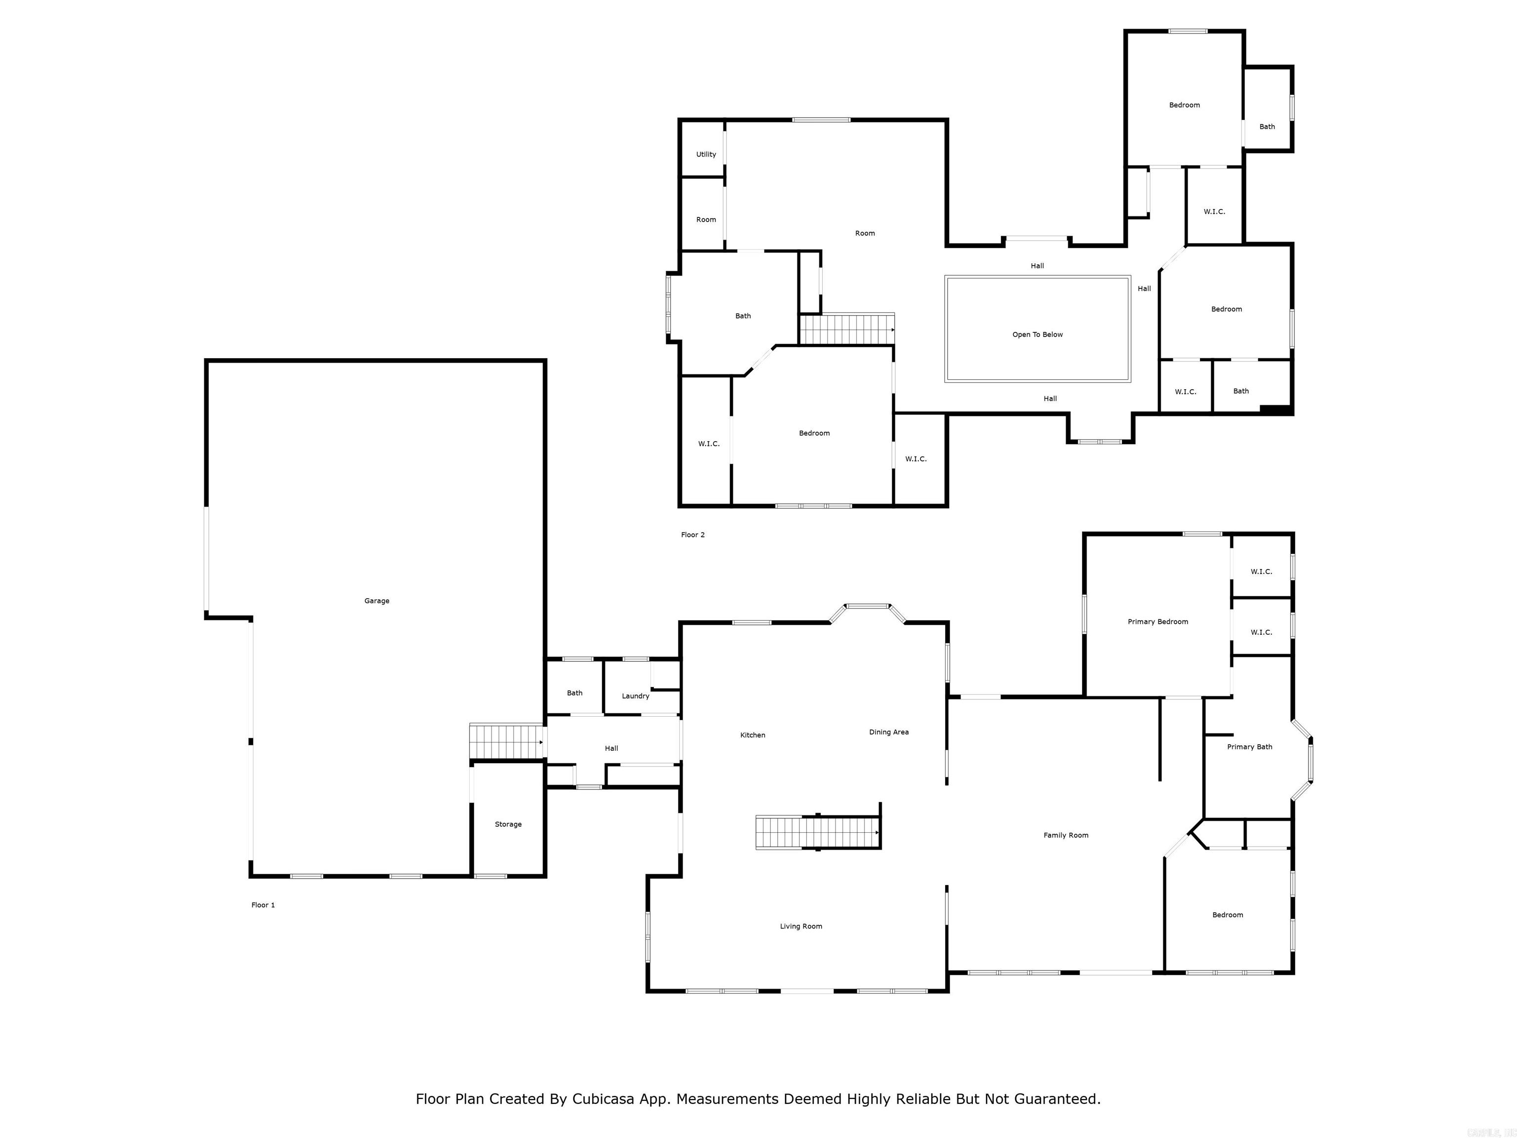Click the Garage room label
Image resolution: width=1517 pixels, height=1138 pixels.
[x=376, y=601]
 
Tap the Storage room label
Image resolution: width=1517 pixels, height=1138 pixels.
[x=508, y=824]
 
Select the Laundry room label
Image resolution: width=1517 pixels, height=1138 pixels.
[x=635, y=696]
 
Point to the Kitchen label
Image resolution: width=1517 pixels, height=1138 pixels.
[x=753, y=735]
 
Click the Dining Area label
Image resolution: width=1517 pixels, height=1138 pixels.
[x=889, y=732]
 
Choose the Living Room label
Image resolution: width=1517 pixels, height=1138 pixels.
[x=800, y=926]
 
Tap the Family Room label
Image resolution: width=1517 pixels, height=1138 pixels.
[x=1066, y=836]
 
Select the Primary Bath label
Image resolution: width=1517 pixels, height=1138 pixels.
[x=1249, y=747]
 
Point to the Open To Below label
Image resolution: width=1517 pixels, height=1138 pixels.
[x=1037, y=335]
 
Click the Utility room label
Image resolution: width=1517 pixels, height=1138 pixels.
[x=706, y=154]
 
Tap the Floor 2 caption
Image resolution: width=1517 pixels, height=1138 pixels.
[x=693, y=535]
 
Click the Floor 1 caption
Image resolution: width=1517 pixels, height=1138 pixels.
[x=263, y=905]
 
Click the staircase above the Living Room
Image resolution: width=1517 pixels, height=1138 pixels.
[x=817, y=833]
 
